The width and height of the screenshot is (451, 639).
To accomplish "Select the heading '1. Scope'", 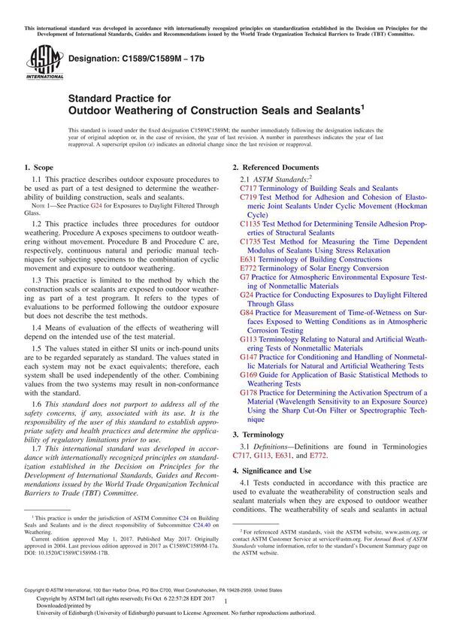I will point(38,167).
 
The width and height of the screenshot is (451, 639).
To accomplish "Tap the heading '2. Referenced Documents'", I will point(275,167).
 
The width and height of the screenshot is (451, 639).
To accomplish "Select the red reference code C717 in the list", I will point(248,189).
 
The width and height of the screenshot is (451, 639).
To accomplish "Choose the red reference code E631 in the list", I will point(249,259).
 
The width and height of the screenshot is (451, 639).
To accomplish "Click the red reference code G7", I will point(244,277).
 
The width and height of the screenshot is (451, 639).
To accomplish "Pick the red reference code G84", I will point(247,312).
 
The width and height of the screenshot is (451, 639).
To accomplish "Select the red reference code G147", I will point(249,357).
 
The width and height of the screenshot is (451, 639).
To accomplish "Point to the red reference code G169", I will point(249,374).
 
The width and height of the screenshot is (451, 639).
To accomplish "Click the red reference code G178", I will point(249,392).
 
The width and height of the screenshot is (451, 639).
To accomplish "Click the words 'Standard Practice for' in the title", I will point(120,98).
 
